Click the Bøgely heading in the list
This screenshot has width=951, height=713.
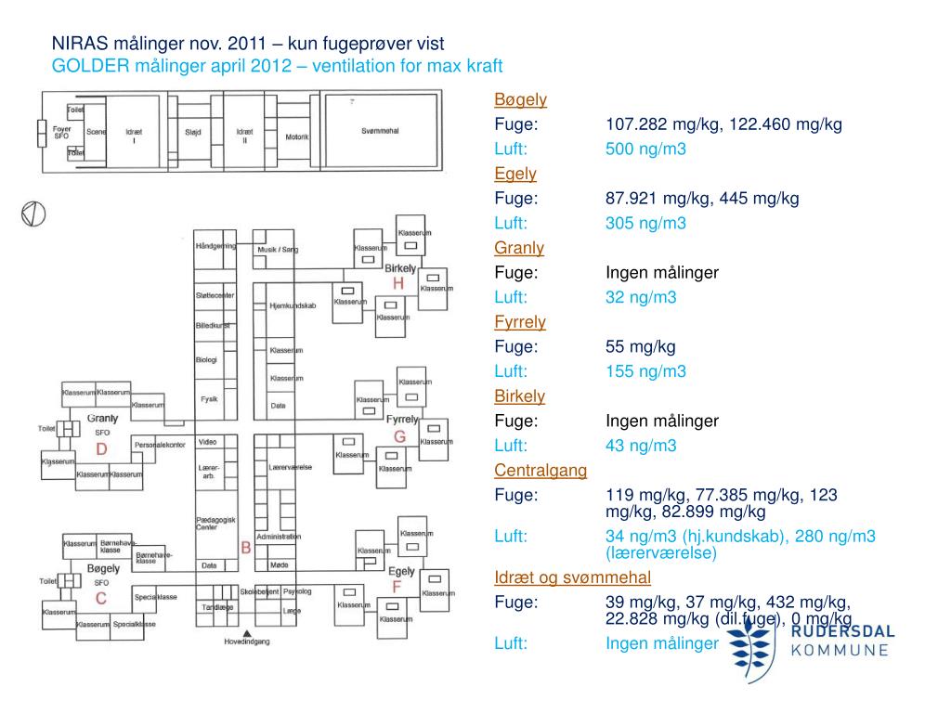click(x=520, y=99)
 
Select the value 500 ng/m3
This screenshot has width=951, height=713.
click(x=645, y=149)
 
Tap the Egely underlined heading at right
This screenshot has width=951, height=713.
click(x=515, y=174)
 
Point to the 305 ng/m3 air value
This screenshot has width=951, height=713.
click(x=645, y=223)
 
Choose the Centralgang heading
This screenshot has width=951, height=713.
click(x=541, y=471)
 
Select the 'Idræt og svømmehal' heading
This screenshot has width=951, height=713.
click(x=572, y=578)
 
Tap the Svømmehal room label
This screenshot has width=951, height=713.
click(x=380, y=131)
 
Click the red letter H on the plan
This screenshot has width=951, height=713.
click(x=398, y=283)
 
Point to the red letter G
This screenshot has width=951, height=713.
click(x=400, y=436)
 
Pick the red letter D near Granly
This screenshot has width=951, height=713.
click(x=102, y=449)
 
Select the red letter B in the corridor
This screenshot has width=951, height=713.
click(x=246, y=548)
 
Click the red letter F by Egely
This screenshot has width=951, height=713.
click(x=397, y=588)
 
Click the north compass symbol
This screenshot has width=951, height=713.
click(x=33, y=213)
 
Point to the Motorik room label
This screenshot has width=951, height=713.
click(x=296, y=137)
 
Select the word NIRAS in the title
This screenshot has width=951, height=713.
click(x=79, y=44)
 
